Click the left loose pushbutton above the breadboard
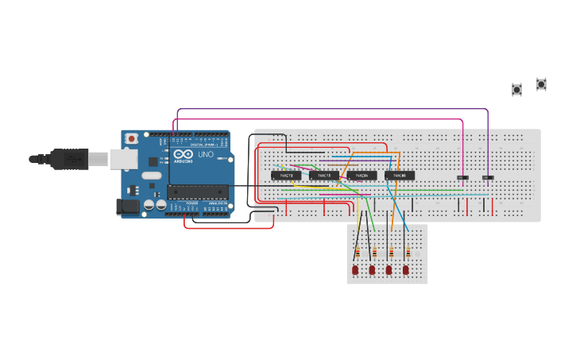(516, 90)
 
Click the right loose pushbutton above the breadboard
(541, 83)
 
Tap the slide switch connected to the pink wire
(463, 176)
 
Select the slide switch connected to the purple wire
(488, 176)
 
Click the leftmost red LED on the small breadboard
(355, 270)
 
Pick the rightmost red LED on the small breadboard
(406, 270)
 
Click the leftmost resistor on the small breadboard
(357, 253)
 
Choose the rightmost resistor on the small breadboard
(408, 253)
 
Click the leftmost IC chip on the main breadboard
(285, 175)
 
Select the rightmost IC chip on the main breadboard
(400, 175)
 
